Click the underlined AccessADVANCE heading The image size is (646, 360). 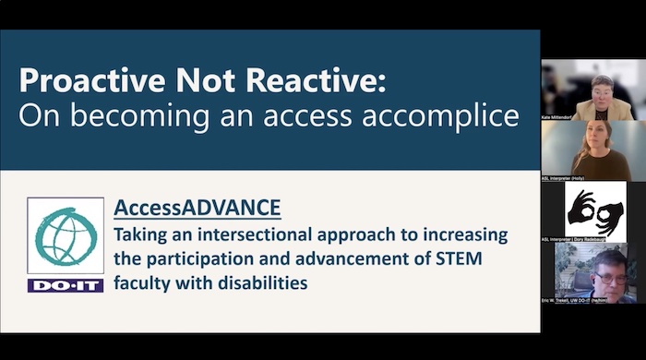pos(197,207)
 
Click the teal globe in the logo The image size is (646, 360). pos(65,238)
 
